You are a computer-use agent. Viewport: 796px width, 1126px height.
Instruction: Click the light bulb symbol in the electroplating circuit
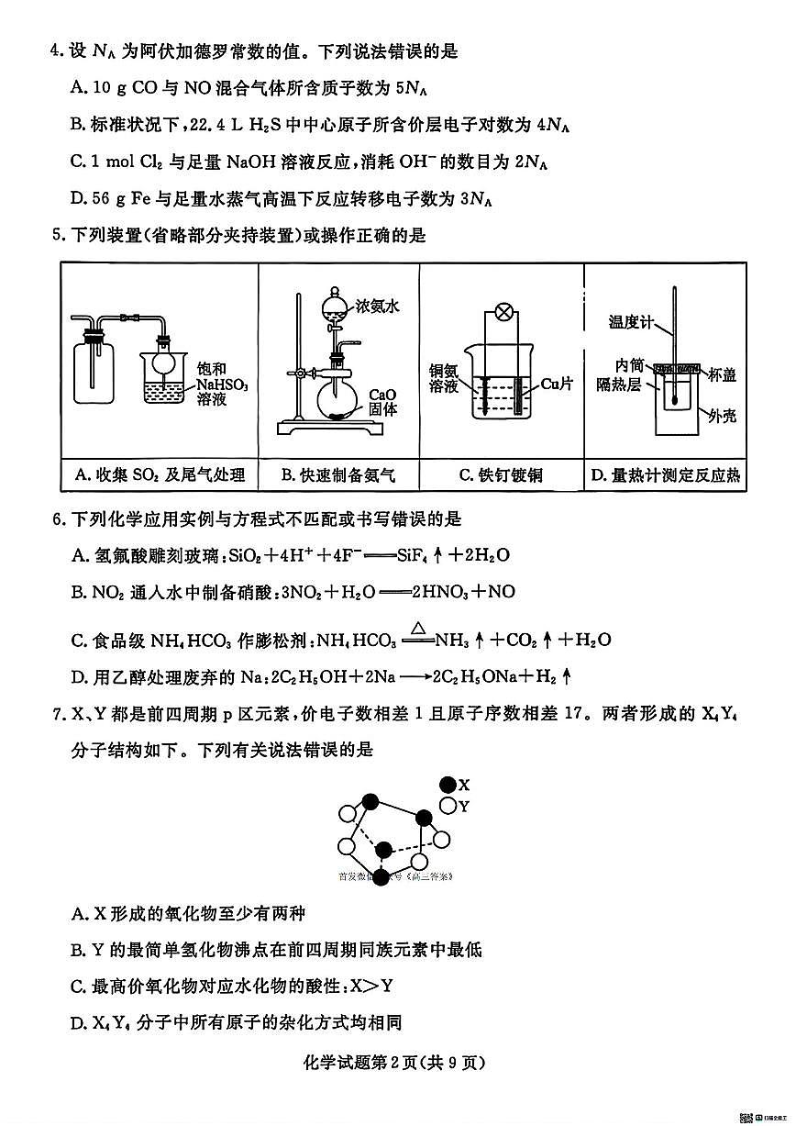click(x=503, y=312)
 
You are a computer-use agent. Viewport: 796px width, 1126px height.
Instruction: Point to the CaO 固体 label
click(x=382, y=402)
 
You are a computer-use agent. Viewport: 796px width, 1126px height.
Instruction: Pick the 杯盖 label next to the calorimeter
click(x=723, y=373)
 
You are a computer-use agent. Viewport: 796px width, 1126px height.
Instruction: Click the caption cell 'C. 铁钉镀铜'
click(x=501, y=474)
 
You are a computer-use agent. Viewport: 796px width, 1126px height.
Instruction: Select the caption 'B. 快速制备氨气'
click(x=338, y=474)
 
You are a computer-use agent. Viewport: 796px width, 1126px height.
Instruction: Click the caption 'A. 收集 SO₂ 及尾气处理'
click(x=159, y=474)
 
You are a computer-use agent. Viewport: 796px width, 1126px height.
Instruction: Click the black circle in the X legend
click(x=448, y=785)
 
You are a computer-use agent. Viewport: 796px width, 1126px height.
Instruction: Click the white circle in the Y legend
click(x=448, y=806)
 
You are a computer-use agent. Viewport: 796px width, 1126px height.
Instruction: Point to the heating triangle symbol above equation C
click(x=417, y=628)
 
